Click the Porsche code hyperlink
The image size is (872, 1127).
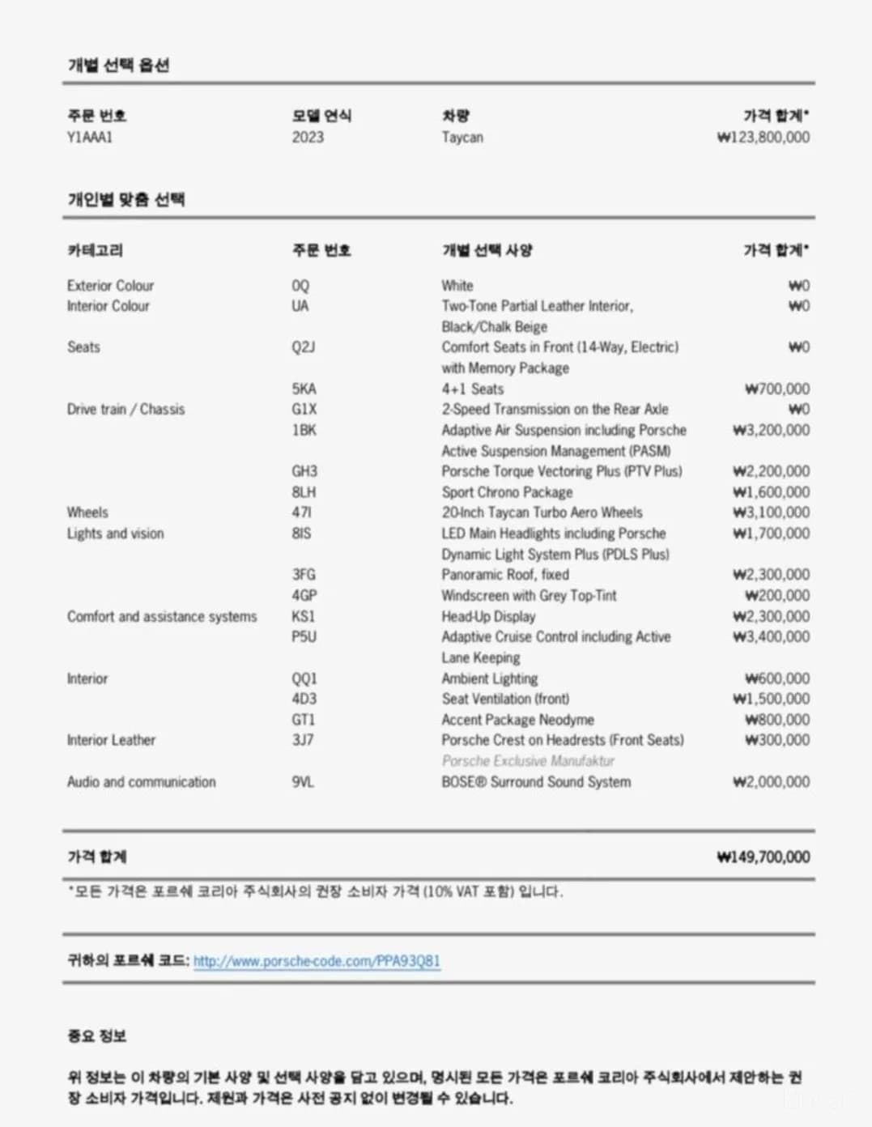point(317,961)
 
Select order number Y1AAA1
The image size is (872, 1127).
point(90,137)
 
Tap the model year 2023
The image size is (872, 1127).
point(308,137)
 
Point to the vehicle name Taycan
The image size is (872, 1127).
point(462,137)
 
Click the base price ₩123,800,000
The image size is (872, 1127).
point(763,137)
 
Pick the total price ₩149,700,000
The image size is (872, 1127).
point(763,857)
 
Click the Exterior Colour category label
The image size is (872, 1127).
point(110,286)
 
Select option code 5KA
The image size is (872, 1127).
point(304,389)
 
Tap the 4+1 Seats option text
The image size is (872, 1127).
point(472,389)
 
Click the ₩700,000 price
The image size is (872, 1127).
point(776,389)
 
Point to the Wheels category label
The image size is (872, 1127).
point(87,512)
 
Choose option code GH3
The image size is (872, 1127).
point(304,471)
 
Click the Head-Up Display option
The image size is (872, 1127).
point(488,616)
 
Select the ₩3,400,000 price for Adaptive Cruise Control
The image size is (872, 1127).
point(771,637)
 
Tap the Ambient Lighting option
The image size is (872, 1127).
point(489,678)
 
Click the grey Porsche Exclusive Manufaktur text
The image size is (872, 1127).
point(528,761)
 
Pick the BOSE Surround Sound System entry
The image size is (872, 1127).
point(536,782)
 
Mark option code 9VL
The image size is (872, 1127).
point(303,782)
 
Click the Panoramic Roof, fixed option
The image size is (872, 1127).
point(505,575)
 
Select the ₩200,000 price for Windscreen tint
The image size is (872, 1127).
point(776,596)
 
